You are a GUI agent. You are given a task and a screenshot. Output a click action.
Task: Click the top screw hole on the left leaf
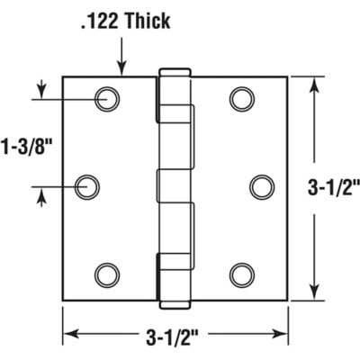(108, 99)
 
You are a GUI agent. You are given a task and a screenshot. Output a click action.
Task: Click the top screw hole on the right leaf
(240, 99)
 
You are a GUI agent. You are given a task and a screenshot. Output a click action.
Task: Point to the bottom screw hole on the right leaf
(240, 274)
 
